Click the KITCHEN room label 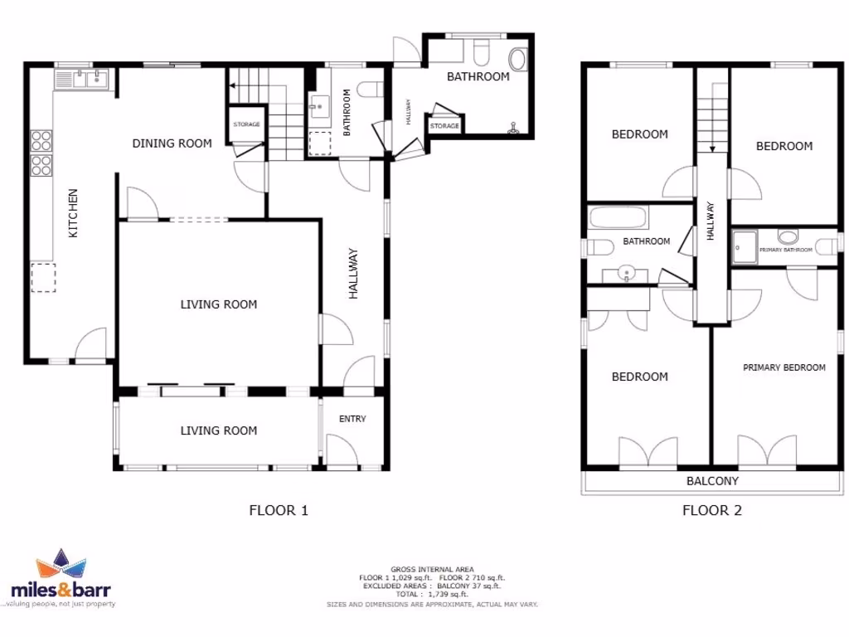click(x=73, y=213)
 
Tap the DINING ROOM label click(x=172, y=143)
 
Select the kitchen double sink click(x=83, y=79)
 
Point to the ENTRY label click(x=352, y=419)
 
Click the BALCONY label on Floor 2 click(x=712, y=481)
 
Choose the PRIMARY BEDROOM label click(x=784, y=367)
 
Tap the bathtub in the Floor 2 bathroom click(x=619, y=219)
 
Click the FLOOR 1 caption click(x=279, y=510)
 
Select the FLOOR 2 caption click(x=711, y=510)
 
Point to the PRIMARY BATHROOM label click(x=785, y=249)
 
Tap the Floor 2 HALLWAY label click(x=711, y=222)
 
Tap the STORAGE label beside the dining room click(x=246, y=124)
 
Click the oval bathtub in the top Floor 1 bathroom click(x=517, y=60)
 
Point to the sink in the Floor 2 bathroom click(x=628, y=271)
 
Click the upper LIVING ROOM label click(x=219, y=304)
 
